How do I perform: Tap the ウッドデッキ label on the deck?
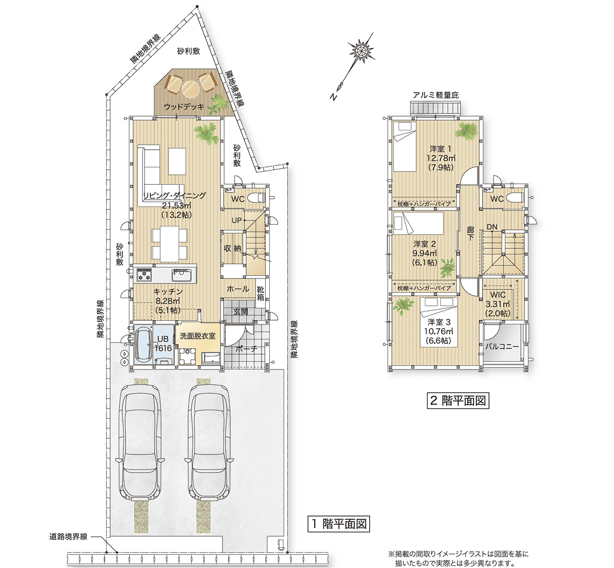point(184,106)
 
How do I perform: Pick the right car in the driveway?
point(208,441)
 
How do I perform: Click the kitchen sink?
point(181,275)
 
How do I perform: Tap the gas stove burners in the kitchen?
point(144,274)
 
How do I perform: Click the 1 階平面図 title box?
point(339,524)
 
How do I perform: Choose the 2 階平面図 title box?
point(458,400)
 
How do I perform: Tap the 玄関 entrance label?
point(241,312)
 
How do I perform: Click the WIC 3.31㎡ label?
point(498,304)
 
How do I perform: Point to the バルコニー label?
point(502,347)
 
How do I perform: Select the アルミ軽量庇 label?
point(435,95)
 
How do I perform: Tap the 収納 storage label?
point(232,248)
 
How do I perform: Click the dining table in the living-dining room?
point(169,244)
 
